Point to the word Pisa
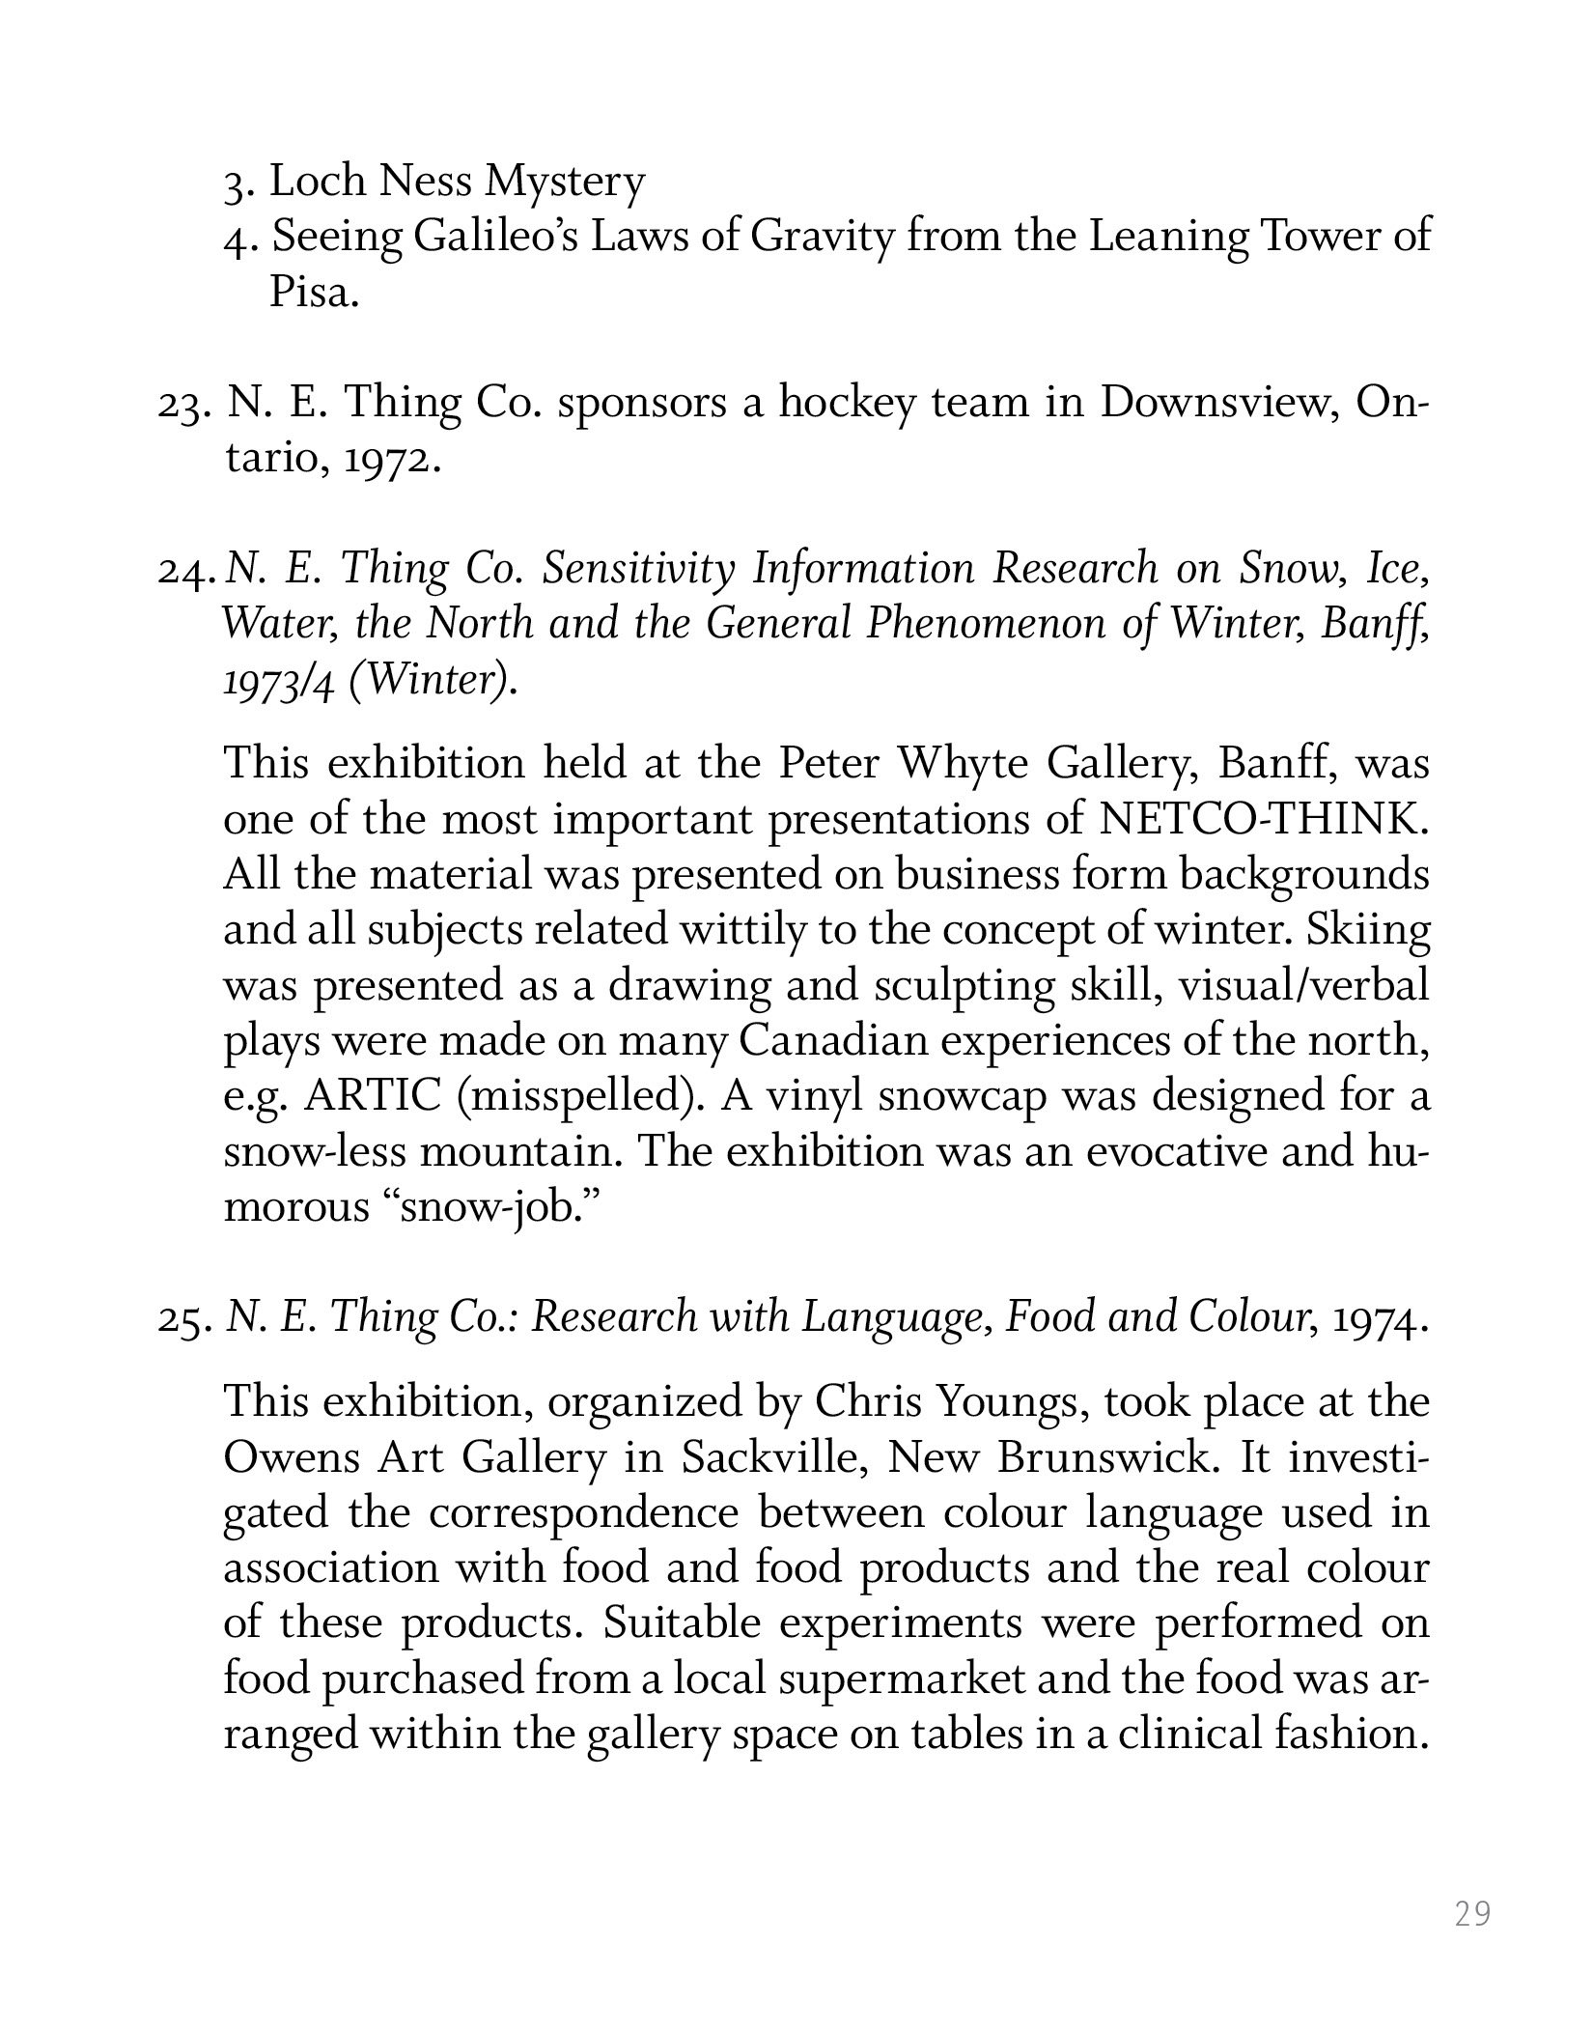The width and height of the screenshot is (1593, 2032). pos(313,292)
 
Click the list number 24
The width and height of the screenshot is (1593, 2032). pos(185,571)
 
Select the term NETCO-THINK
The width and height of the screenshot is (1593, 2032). pos(1264,820)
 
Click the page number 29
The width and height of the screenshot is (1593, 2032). pos(1472,1913)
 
